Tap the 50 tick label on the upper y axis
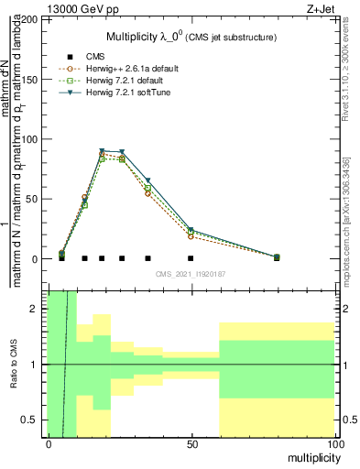(x=34, y=199)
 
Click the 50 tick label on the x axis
(x=191, y=444)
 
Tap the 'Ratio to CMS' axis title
(x=14, y=365)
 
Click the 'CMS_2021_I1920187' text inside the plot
(x=191, y=274)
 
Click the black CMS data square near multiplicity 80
(x=277, y=258)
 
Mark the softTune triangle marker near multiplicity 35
(x=147, y=181)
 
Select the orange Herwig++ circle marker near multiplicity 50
(x=191, y=236)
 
